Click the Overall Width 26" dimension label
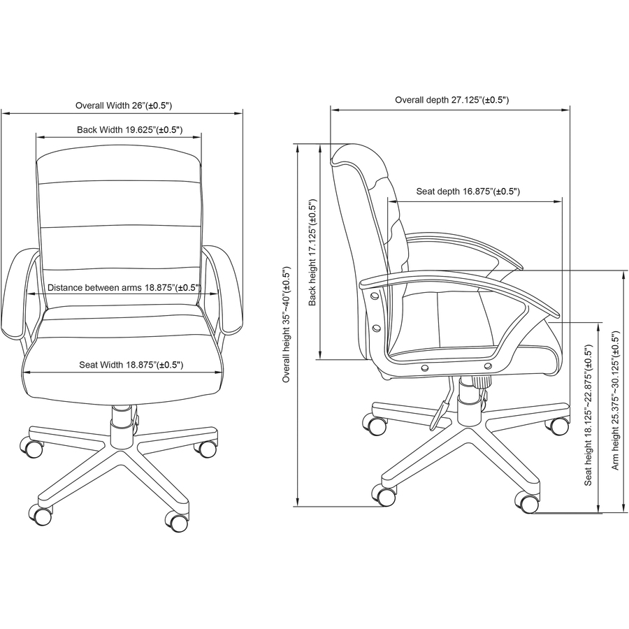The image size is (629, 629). pos(123,106)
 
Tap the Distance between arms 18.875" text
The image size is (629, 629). pos(124,287)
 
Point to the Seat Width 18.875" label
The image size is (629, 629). pos(131,364)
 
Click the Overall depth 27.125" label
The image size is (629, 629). pos(451,100)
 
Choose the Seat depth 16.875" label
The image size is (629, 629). pos(468,191)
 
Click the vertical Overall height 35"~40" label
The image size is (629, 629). pos(286,324)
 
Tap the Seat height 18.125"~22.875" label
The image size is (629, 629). pos(588,415)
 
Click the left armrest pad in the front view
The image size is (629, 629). pos(19,294)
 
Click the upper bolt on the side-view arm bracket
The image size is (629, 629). pos(375,296)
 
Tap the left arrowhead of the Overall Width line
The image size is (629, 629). pos(4,111)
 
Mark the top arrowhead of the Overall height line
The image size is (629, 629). pos(298,147)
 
